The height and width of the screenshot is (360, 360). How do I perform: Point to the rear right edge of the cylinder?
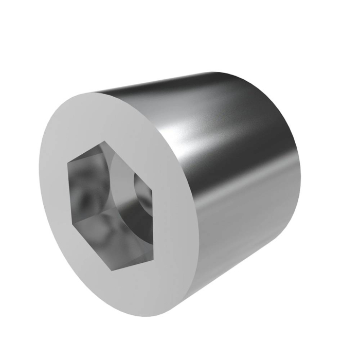298,170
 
